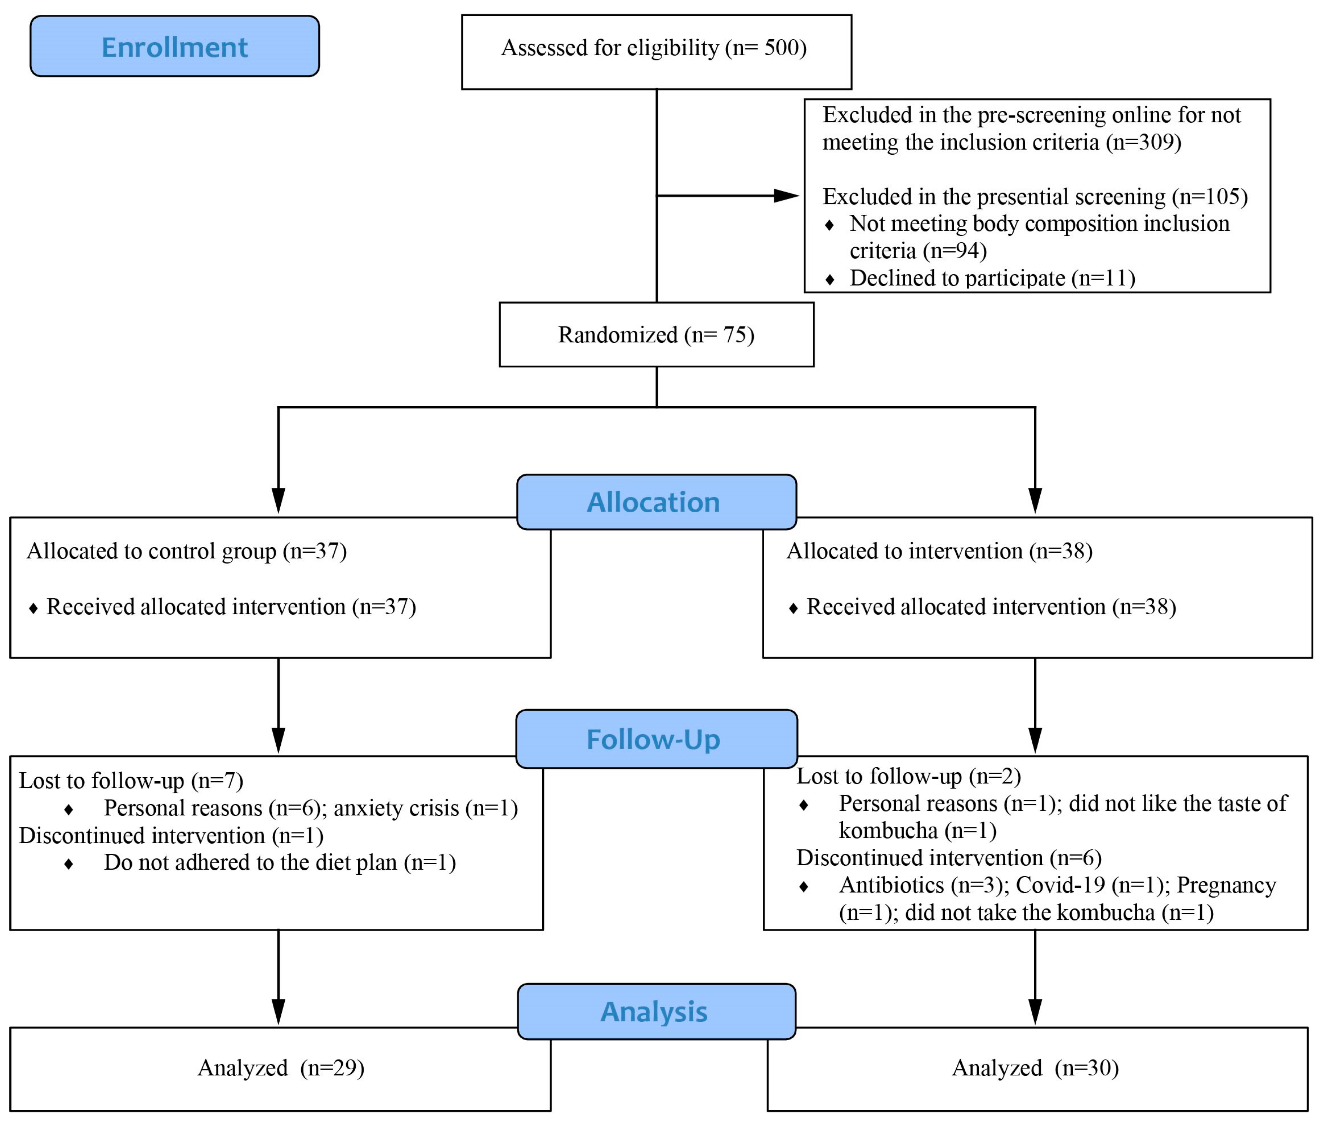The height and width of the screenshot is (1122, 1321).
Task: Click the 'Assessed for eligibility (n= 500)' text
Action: [x=654, y=48]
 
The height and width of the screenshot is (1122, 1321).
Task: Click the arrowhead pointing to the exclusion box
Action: [x=786, y=196]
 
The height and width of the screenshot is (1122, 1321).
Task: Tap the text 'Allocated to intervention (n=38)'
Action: [x=939, y=551]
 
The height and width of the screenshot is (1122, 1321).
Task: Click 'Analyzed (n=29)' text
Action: [x=281, y=1068]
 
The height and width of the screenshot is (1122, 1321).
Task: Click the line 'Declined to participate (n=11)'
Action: [x=992, y=278]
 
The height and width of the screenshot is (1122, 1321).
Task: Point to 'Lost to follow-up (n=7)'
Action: [x=131, y=781]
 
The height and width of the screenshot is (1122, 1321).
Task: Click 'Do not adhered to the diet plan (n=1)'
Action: [x=280, y=862]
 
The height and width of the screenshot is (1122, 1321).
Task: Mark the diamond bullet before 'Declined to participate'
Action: [x=829, y=279]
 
